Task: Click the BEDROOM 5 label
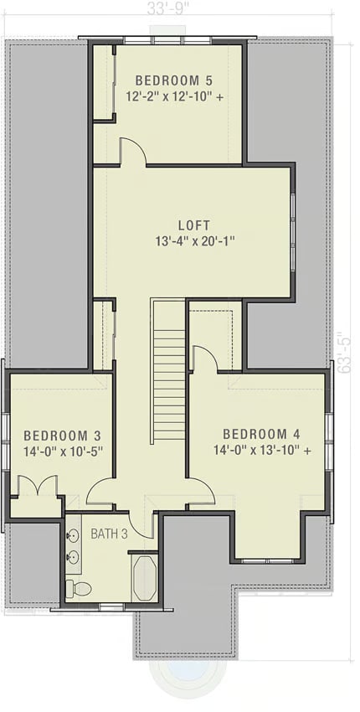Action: tap(173, 80)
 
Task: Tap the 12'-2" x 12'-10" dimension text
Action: tap(173, 97)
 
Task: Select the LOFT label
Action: tap(193, 225)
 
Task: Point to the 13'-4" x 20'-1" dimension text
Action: tap(193, 241)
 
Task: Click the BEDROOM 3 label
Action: tap(62, 436)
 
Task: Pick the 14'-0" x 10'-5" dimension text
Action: tap(62, 451)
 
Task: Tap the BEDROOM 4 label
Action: tap(261, 434)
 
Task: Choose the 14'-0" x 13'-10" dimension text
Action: tap(261, 451)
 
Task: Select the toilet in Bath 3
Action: tap(80, 588)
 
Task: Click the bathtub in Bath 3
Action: tap(145, 577)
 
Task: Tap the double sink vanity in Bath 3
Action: tap(73, 545)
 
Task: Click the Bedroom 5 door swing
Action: tap(133, 152)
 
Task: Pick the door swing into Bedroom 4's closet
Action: tap(204, 359)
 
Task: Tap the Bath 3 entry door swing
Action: tap(143, 525)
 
